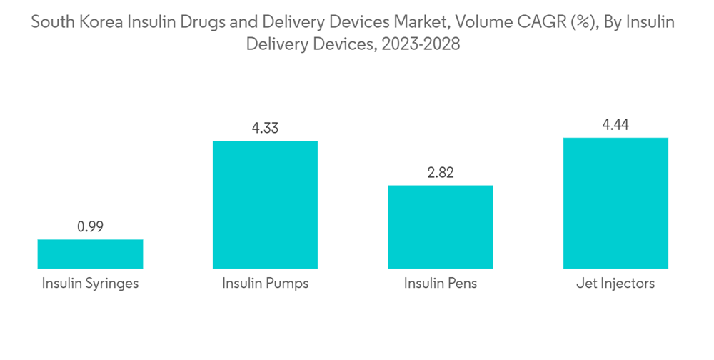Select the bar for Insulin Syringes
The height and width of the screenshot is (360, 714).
(x=90, y=254)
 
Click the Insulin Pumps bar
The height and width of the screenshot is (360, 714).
(x=265, y=204)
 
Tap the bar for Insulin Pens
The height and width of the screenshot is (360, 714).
(x=441, y=226)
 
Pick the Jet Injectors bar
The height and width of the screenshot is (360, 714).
(x=615, y=203)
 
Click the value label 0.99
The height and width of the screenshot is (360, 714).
(x=90, y=227)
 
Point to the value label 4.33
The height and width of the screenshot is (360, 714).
(x=265, y=129)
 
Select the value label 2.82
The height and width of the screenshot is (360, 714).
(x=441, y=173)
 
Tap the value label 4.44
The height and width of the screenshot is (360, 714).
(x=615, y=125)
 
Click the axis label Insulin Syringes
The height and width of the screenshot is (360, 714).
(x=90, y=284)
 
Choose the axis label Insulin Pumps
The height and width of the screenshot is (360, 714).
(x=265, y=284)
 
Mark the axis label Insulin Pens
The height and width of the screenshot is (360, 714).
(x=441, y=284)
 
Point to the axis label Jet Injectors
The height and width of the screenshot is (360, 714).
(x=615, y=284)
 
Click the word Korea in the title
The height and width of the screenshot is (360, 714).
(x=101, y=22)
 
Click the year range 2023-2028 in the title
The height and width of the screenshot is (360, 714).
(x=421, y=44)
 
